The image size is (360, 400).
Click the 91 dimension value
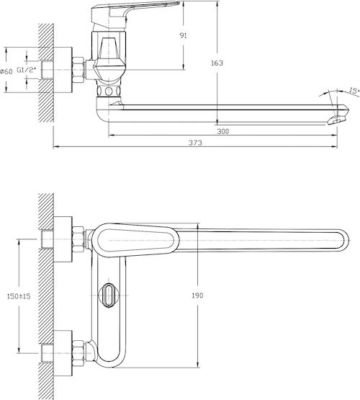coord(184,36)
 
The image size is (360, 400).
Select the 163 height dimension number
coord(217,63)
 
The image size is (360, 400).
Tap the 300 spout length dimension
coord(223,131)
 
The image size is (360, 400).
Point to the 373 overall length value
coord(195,143)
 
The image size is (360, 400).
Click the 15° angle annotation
coord(354,91)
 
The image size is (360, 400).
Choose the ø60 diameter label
coord(6,71)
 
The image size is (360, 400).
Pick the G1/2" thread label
coord(27,70)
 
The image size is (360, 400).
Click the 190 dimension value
coord(197,295)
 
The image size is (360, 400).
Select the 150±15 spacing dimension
coord(19,296)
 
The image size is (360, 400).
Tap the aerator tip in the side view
coord(337,120)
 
